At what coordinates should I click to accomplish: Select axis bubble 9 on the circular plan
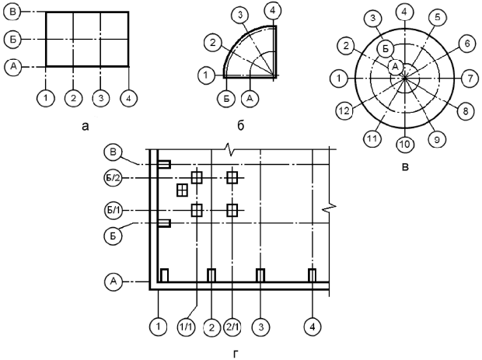click(x=436, y=139)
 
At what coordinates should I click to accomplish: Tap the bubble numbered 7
click(x=471, y=78)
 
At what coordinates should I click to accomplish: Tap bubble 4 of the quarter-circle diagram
click(x=272, y=10)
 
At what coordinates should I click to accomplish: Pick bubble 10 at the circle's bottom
click(x=403, y=144)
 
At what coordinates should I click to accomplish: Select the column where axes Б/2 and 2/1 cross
click(x=232, y=178)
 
